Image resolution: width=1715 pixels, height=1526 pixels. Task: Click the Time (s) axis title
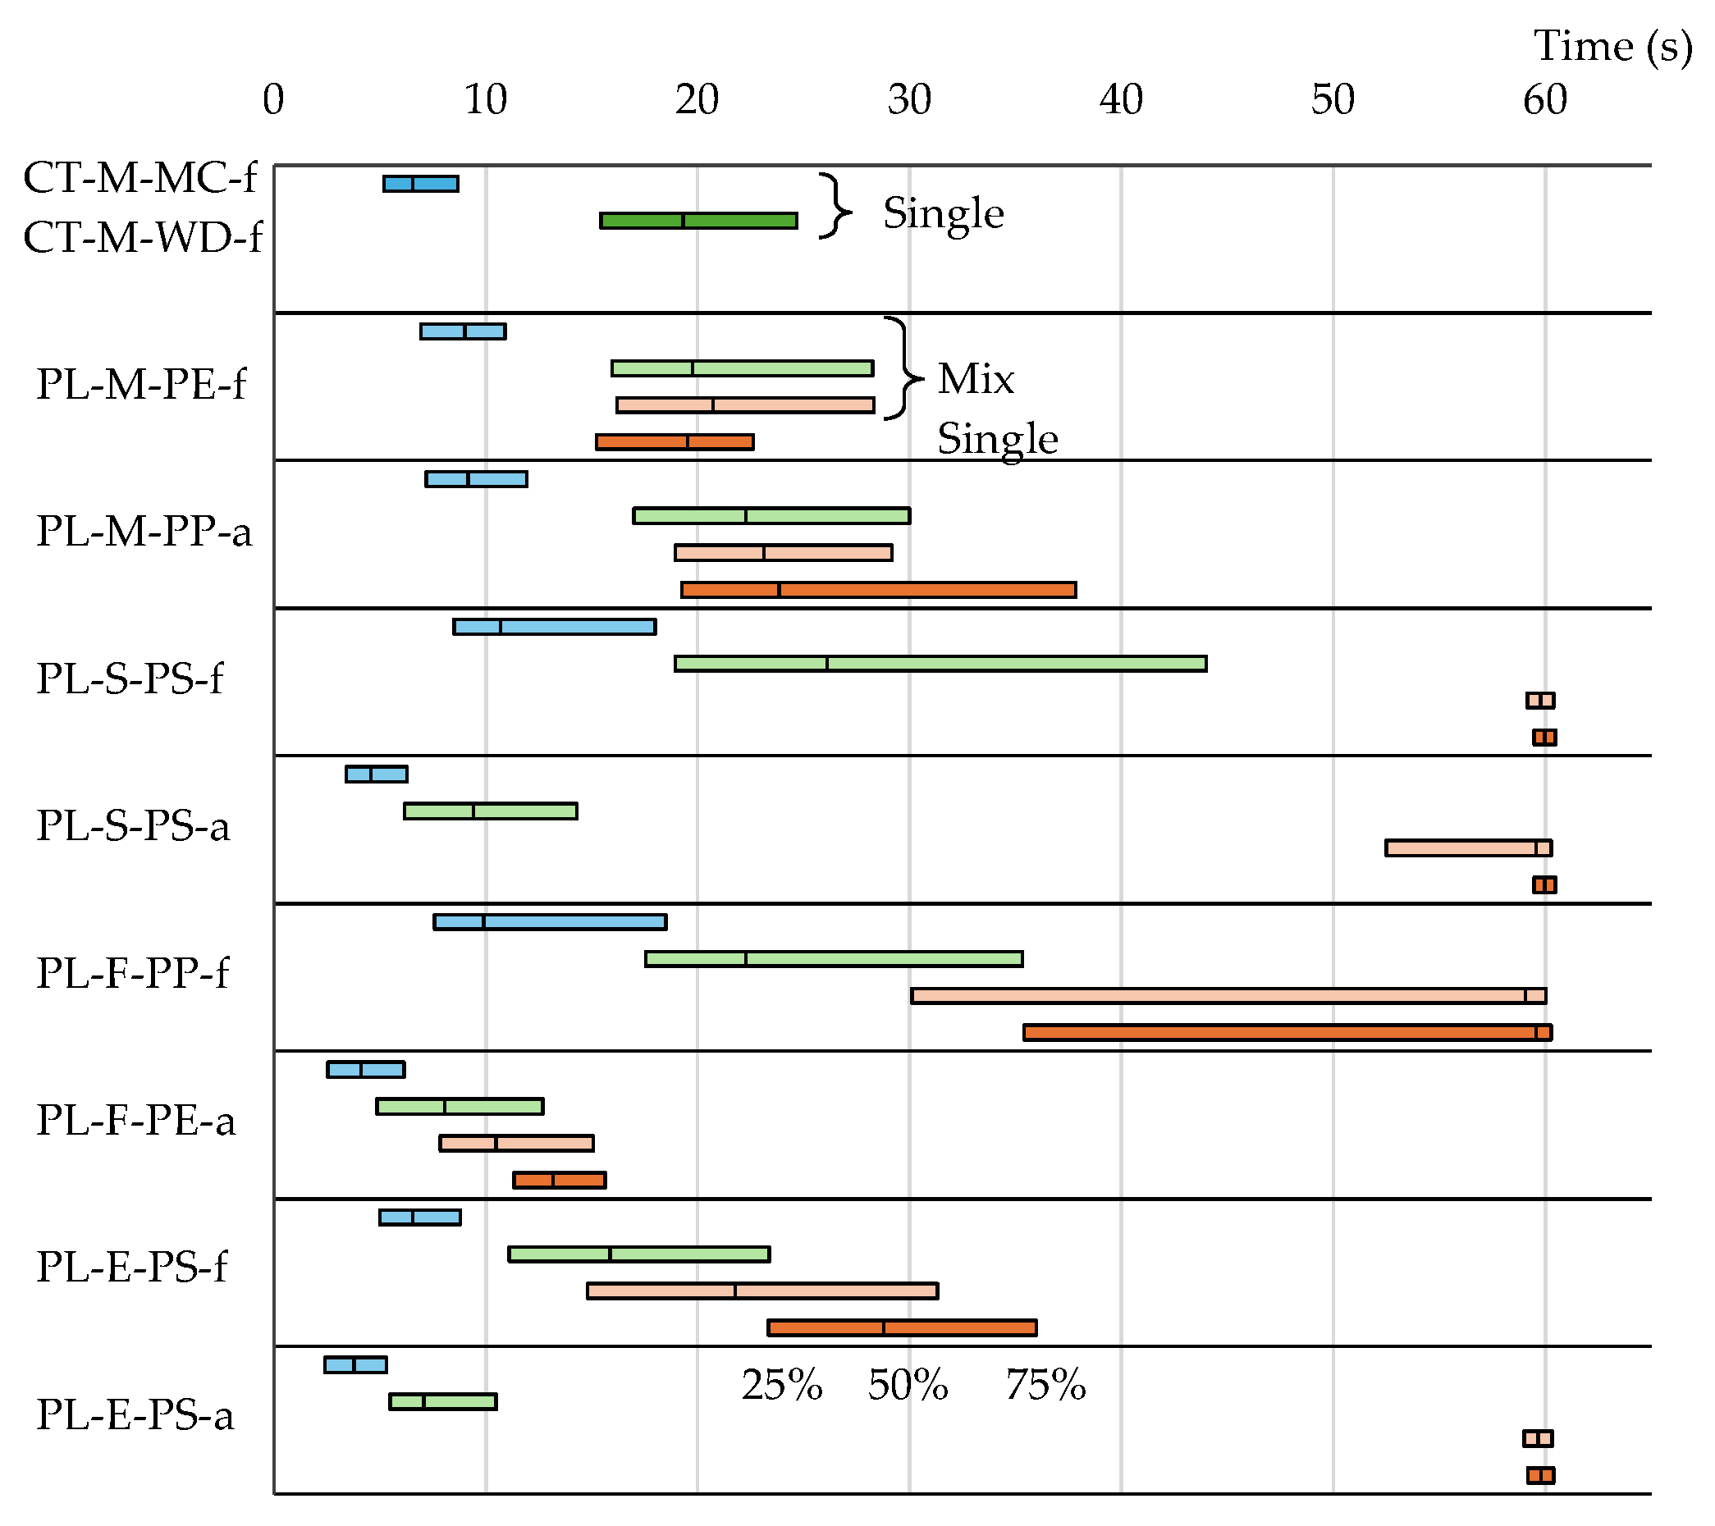coord(1612,46)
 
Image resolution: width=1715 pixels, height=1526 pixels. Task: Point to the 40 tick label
coord(1120,100)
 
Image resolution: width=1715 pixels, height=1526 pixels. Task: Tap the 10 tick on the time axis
coord(485,100)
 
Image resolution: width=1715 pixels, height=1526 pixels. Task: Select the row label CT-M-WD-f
coord(142,237)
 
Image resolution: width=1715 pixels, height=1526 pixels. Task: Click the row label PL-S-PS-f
coord(129,678)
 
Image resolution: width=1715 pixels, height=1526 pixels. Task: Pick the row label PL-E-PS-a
coord(135,1415)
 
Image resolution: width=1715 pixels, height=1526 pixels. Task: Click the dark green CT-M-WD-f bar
coord(698,221)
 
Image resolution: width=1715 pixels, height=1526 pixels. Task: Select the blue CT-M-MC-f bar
coord(420,184)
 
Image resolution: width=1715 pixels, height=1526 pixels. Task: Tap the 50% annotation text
coord(907,1385)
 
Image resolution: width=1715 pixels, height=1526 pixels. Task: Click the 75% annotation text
coord(1045,1385)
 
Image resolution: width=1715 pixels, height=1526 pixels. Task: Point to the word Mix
coord(975,379)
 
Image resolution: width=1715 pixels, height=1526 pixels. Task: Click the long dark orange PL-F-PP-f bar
coord(1287,1033)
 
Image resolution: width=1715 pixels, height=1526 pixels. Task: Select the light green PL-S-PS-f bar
coord(940,664)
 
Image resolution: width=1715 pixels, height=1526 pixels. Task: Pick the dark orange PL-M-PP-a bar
coord(878,590)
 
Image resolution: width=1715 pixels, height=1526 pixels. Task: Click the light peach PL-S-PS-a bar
coord(1467,848)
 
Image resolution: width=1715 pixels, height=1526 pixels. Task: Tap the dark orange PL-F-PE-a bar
coord(559,1181)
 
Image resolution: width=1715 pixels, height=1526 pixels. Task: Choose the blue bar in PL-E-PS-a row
coord(355,1365)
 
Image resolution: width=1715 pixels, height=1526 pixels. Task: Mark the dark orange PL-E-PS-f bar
coord(901,1328)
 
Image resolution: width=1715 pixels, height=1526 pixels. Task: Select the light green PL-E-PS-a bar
coord(442,1402)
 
